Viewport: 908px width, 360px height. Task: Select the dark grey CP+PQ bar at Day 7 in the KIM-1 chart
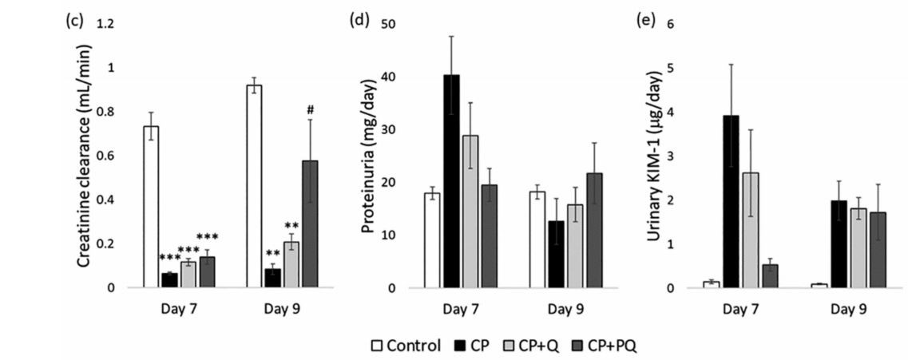769,275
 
